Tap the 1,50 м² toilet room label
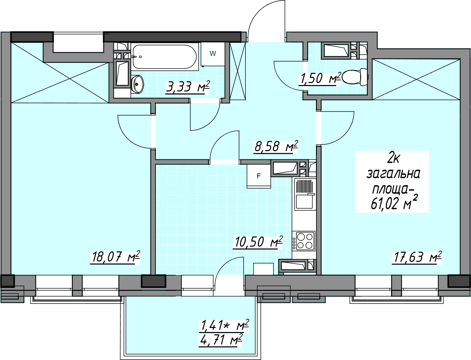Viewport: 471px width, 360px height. pyautogui.click(x=320, y=78)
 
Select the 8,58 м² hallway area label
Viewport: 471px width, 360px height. pyautogui.click(x=276, y=147)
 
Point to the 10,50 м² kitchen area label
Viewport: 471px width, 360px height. pyautogui.click(x=258, y=242)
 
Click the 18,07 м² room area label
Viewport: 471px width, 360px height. pyautogui.click(x=115, y=257)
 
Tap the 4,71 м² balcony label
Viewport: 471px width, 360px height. pyautogui.click(x=220, y=340)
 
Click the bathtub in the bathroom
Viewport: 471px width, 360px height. pyautogui.click(x=165, y=57)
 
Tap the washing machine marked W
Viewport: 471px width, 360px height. pyautogui.click(x=213, y=54)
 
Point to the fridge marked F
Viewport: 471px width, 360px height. pyautogui.click(x=259, y=176)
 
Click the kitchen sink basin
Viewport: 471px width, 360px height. pyautogui.click(x=304, y=202)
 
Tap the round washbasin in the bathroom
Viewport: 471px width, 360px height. pyautogui.click(x=137, y=84)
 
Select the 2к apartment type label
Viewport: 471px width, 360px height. pyautogui.click(x=393, y=159)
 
